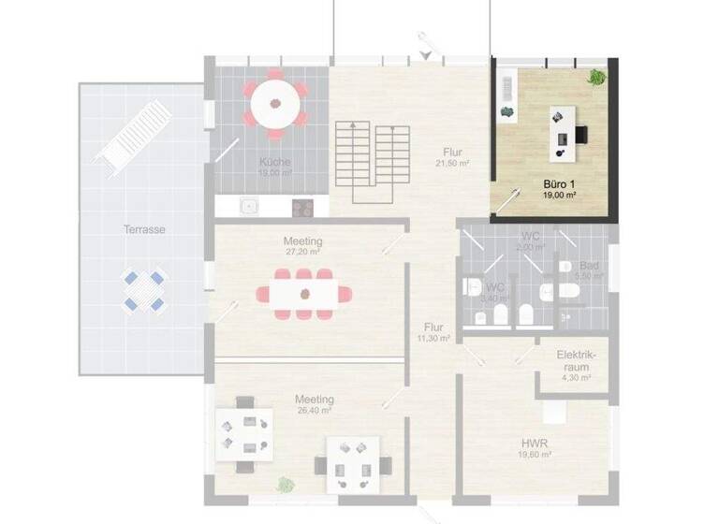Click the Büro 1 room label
coord(559,184)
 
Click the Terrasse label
coord(144,229)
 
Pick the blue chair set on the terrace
coord(143,290)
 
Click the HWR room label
coord(536,444)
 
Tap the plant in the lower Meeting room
coord(286,485)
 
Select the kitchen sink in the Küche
coord(249,206)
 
